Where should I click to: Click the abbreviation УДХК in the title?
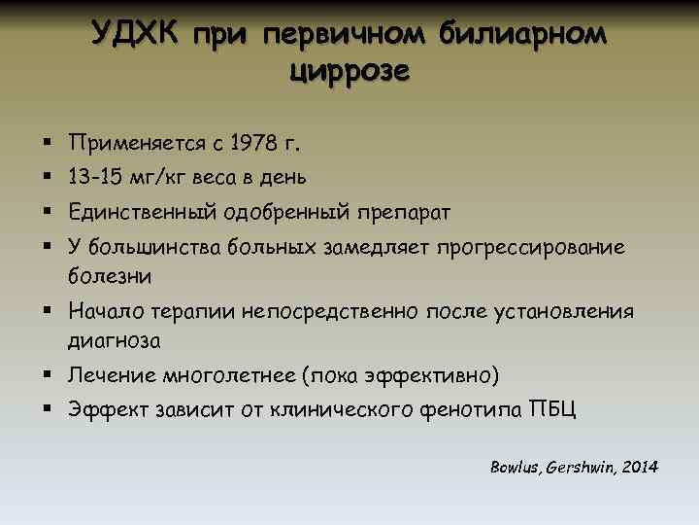136,35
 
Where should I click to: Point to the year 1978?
258,144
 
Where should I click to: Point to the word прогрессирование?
532,247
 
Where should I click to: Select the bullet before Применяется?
47,144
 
